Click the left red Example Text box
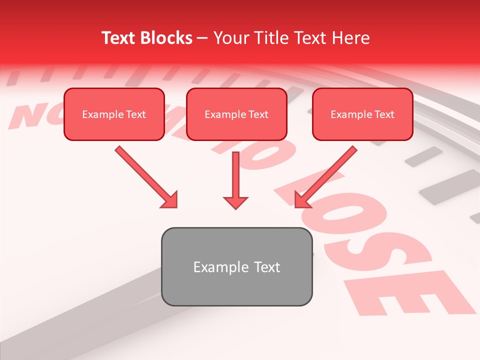114,114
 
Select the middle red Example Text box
236,114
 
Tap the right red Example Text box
362,114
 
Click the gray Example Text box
236,266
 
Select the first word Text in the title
118,38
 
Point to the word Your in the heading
229,38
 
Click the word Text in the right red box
384,114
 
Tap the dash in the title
203,38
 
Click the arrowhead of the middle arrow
235,202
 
